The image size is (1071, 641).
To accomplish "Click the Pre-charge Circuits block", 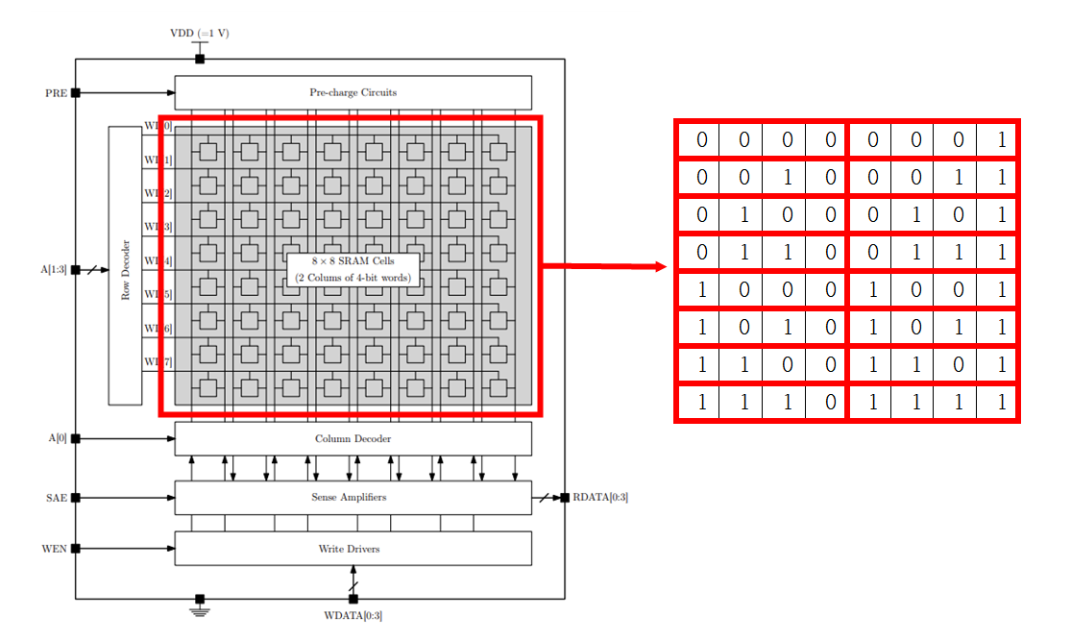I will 353,92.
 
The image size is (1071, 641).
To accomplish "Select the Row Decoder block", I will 125,264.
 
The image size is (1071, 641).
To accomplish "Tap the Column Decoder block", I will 353,439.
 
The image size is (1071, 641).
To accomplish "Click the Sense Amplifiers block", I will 353,497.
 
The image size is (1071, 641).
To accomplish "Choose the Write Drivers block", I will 353,549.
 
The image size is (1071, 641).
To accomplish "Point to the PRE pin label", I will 56,93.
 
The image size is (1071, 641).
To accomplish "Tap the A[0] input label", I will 58,439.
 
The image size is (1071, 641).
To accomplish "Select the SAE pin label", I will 57,498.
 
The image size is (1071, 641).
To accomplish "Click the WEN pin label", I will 55,549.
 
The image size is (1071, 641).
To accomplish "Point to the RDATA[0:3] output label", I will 600,497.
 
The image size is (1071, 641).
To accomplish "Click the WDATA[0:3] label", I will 353,615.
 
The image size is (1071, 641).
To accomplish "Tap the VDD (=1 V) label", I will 199,33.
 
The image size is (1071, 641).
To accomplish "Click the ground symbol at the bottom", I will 200,609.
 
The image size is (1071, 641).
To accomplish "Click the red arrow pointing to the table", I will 605,266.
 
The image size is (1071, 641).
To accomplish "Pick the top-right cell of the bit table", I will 1000,140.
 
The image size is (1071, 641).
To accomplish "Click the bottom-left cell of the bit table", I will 700,403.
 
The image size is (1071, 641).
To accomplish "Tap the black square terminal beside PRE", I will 76,93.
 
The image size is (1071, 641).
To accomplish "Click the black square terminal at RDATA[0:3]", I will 565,497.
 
